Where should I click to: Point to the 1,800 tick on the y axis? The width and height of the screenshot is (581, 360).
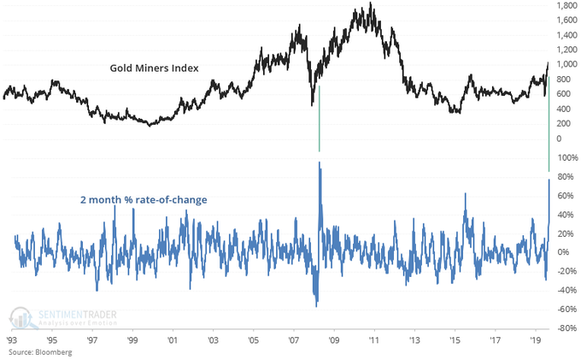[x=563, y=6]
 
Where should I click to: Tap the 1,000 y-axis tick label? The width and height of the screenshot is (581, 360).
[x=563, y=64]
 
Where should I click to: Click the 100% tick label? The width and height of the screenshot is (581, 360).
[x=565, y=158]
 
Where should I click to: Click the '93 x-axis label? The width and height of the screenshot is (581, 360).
[x=12, y=339]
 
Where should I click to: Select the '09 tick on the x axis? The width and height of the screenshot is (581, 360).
[x=333, y=339]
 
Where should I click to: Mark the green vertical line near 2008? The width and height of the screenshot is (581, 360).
[x=319, y=118]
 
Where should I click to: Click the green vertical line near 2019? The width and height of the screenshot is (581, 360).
[x=549, y=128]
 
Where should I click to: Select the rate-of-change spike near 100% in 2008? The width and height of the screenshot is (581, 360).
[x=319, y=162]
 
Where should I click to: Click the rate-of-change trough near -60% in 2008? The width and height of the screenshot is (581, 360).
[x=316, y=305]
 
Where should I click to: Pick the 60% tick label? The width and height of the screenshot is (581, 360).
[x=565, y=195]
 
